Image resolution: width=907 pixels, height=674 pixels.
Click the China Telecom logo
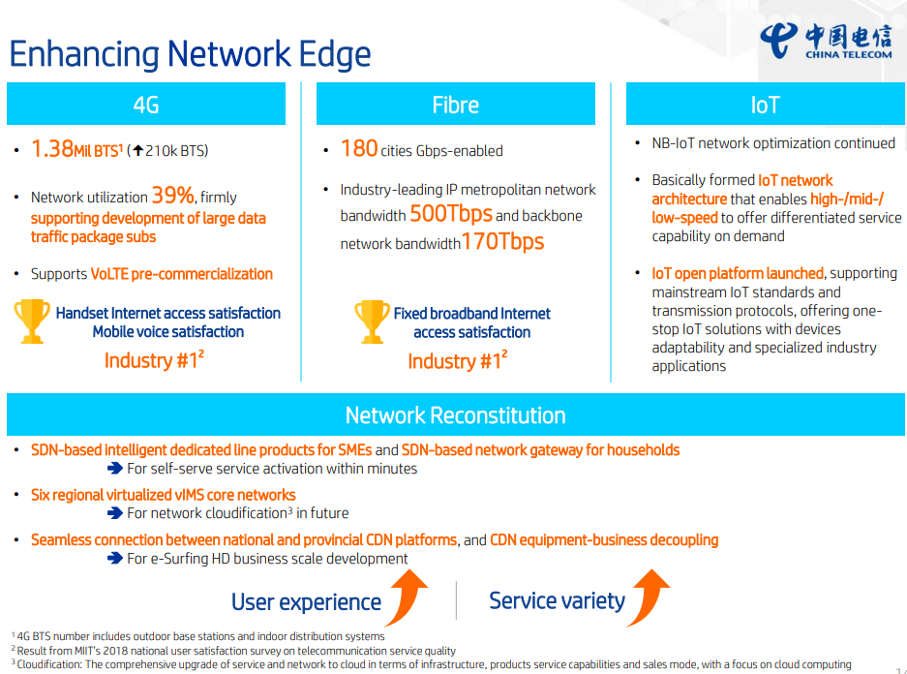click(826, 41)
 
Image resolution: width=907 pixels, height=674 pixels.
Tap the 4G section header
click(146, 105)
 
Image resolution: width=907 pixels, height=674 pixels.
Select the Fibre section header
click(455, 105)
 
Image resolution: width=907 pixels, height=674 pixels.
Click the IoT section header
click(766, 105)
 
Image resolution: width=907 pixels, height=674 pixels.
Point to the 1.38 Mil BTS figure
click(76, 149)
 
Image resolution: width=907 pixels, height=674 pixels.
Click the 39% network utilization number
click(172, 196)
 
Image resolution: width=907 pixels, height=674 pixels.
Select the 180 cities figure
click(359, 149)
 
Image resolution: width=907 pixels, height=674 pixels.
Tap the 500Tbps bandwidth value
click(451, 214)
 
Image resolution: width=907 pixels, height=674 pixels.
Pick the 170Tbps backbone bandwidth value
click(502, 241)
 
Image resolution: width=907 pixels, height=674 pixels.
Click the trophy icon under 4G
click(32, 322)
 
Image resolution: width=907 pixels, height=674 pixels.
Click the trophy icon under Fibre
click(372, 322)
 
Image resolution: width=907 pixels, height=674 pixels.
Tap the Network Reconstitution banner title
click(455, 415)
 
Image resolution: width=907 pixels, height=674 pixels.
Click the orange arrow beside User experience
click(408, 596)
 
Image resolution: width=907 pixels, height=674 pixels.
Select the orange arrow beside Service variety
click(650, 596)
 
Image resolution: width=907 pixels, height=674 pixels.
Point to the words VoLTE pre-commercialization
click(182, 274)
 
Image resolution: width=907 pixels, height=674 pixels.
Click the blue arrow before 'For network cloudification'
click(115, 513)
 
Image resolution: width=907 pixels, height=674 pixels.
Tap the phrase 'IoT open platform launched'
click(738, 273)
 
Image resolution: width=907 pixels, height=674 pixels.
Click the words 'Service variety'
click(557, 601)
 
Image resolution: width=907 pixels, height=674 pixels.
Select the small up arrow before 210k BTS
click(137, 151)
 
